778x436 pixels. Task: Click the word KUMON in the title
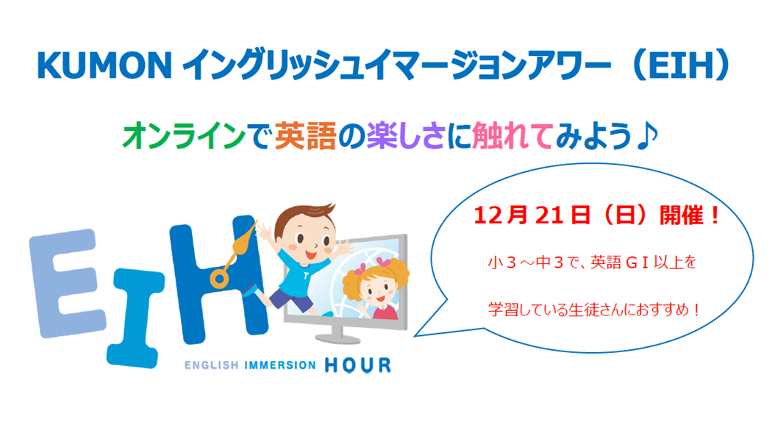[x=104, y=65]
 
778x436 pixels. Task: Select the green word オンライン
[x=184, y=136]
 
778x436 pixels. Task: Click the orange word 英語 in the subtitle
[x=306, y=136]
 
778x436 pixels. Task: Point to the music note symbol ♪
[x=646, y=135]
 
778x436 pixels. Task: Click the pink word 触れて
[x=512, y=136]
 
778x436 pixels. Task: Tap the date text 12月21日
[x=532, y=215]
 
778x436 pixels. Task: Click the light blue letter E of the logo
[x=67, y=283]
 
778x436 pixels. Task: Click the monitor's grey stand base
[x=338, y=339]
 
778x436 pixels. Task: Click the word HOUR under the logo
[x=357, y=365]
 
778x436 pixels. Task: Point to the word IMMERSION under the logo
[x=280, y=365]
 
